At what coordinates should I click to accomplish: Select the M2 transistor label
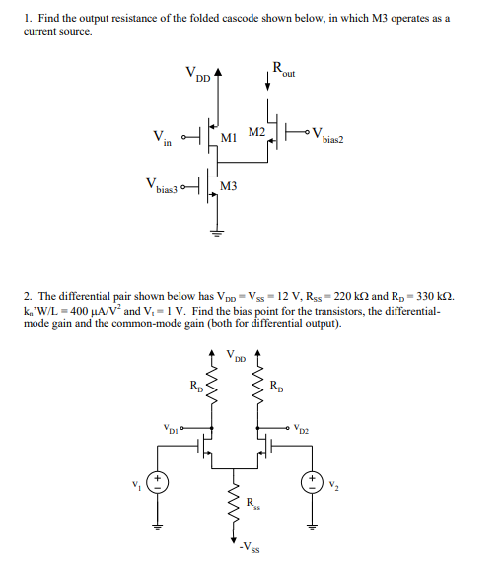pos(255,131)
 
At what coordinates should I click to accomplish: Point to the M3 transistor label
pos(228,186)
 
